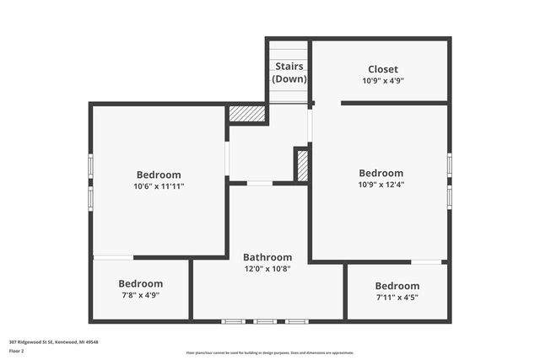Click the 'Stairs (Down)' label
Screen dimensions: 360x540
pyautogui.click(x=289, y=72)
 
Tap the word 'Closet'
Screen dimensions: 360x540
pyautogui.click(x=383, y=69)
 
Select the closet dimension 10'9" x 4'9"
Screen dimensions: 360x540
pyautogui.click(x=383, y=82)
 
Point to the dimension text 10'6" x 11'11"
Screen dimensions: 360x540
pyautogui.click(x=159, y=186)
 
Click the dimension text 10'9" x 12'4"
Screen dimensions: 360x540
pyautogui.click(x=381, y=185)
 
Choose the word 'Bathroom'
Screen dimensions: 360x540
pyautogui.click(x=267, y=257)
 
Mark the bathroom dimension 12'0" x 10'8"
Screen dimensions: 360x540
pyautogui.click(x=267, y=269)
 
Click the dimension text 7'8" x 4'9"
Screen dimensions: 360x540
pyautogui.click(x=140, y=296)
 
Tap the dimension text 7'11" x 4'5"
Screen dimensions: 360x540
pyautogui.click(x=397, y=297)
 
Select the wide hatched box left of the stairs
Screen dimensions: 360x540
pyautogui.click(x=247, y=113)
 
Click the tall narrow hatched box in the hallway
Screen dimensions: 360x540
pyautogui.click(x=302, y=165)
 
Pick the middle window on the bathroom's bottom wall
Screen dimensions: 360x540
pyautogui.click(x=266, y=321)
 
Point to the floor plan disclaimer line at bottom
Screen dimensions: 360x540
pyautogui.click(x=270, y=353)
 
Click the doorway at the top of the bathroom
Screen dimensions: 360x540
pyautogui.click(x=260, y=183)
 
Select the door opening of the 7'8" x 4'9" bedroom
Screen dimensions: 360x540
pyautogui.click(x=113, y=257)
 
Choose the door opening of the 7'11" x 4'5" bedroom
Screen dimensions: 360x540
pyautogui.click(x=426, y=262)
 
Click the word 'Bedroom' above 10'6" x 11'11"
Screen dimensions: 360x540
pyautogui.click(x=159, y=175)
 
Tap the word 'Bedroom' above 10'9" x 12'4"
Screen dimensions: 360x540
pyautogui.click(x=381, y=173)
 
